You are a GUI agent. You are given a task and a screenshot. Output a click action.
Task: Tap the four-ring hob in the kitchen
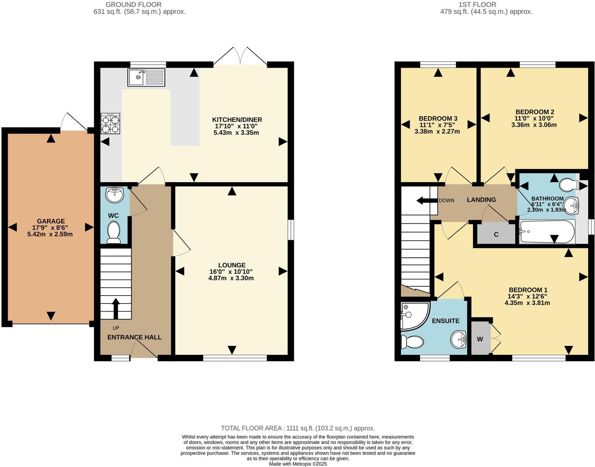[x=110, y=124]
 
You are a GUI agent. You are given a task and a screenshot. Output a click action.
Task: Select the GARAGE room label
[x=51, y=221]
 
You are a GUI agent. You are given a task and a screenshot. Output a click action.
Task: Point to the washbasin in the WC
[x=114, y=195]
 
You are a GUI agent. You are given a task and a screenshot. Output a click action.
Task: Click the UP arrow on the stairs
[x=116, y=308]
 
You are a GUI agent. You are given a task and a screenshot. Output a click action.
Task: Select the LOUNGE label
[x=232, y=265]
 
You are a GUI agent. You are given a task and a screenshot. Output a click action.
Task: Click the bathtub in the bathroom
[x=547, y=232]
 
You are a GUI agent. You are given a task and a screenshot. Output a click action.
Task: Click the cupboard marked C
[x=496, y=235]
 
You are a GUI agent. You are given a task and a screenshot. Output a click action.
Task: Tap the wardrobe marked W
[x=480, y=339]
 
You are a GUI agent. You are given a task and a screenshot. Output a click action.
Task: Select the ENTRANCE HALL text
[x=134, y=337]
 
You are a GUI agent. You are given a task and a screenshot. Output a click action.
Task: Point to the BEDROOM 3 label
[x=438, y=118]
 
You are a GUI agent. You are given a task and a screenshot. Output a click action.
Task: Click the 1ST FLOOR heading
[x=477, y=5]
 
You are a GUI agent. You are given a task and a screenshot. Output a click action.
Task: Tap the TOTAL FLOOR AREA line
[x=298, y=428]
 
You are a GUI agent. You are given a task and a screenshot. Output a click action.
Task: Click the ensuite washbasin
[x=459, y=339]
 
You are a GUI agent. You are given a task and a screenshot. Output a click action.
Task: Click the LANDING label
[x=481, y=199]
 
